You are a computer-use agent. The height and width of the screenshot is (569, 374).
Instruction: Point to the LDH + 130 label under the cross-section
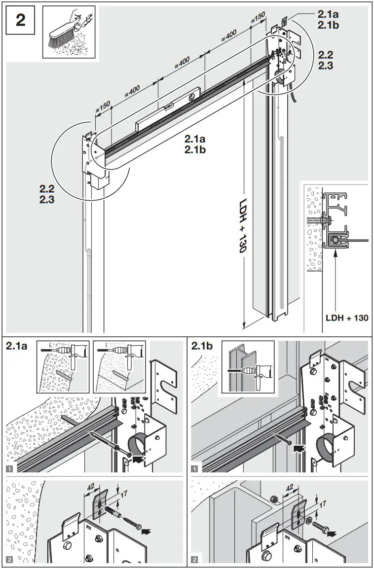[347, 318]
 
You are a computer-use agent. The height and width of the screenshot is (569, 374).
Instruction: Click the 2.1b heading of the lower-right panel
[203, 347]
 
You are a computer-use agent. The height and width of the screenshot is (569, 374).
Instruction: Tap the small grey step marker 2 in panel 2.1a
[10, 559]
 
